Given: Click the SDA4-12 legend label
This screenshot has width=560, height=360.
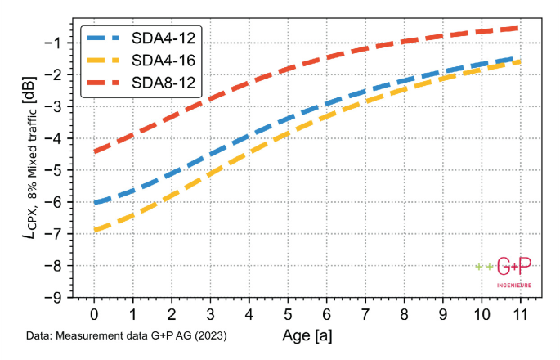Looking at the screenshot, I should coord(164,38).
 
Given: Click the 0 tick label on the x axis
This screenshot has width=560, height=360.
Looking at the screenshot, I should coord(94,314).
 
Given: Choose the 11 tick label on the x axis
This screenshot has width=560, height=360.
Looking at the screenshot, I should coord(518,314).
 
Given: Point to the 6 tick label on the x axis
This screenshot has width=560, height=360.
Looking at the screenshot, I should coord(325,314).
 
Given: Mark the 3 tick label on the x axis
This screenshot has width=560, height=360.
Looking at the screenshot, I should coord(210,314).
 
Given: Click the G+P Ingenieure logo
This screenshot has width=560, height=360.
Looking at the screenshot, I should coord(504,272).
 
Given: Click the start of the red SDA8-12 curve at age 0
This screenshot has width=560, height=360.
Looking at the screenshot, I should coord(95,151).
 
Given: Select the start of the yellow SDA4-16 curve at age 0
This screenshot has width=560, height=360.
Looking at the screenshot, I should coord(95,230).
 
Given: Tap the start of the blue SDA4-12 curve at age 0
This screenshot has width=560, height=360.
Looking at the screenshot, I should coord(95,202).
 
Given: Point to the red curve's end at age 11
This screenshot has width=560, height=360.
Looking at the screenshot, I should coord(517,28).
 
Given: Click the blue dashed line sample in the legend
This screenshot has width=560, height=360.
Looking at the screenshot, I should coord(106,38).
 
